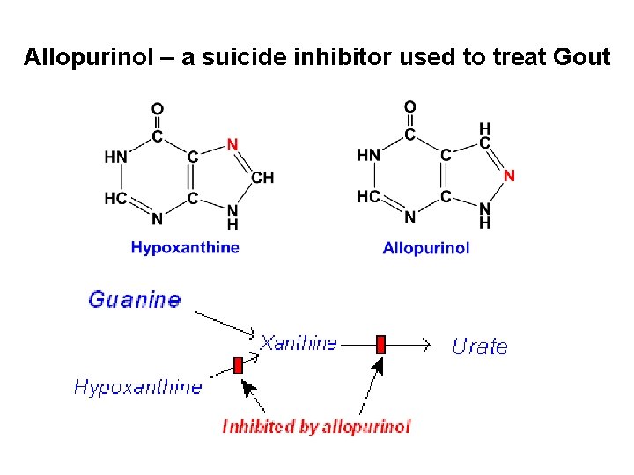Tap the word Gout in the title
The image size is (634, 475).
click(x=580, y=58)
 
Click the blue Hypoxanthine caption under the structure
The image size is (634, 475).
click(x=185, y=247)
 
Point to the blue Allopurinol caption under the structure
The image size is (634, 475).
click(x=426, y=248)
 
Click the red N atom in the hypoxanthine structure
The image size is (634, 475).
click(x=232, y=144)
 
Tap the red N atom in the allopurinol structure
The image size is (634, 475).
click(x=509, y=176)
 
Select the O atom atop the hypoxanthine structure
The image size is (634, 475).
click(x=158, y=109)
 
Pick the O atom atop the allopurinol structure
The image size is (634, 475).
click(x=410, y=107)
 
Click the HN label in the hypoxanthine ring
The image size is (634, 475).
click(x=116, y=157)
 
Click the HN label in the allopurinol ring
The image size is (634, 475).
click(x=369, y=155)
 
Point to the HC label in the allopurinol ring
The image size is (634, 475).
click(x=369, y=196)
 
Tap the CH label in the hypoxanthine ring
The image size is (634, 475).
click(x=262, y=178)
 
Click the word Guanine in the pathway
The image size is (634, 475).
click(x=134, y=299)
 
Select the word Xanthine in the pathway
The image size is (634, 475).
click(x=299, y=343)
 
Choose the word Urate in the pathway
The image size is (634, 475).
click(x=480, y=347)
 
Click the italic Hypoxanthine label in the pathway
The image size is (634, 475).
click(x=137, y=386)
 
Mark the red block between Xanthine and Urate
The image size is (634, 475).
click(x=380, y=344)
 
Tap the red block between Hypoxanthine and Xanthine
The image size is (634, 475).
click(x=238, y=365)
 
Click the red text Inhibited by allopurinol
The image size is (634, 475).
click(x=316, y=427)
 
